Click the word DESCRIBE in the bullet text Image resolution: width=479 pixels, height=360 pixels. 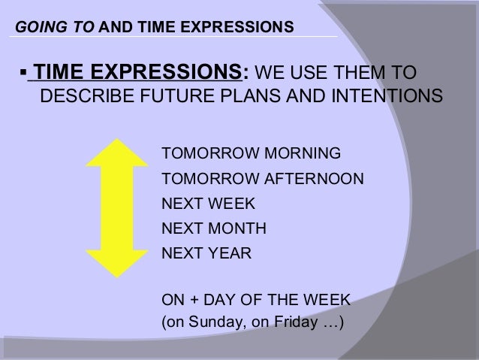[x=77, y=98]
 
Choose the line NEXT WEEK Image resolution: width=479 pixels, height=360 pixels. [x=209, y=204]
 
